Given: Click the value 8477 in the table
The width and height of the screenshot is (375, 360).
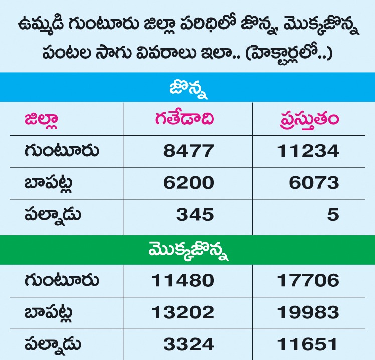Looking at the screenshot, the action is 189,151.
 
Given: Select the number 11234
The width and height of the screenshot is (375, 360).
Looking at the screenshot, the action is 308,151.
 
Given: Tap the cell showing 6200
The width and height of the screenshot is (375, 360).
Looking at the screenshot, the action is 189,183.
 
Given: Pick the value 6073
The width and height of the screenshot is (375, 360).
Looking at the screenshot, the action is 314,183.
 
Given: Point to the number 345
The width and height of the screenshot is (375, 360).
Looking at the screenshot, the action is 195,214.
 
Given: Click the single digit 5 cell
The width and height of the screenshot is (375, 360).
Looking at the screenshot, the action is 333,214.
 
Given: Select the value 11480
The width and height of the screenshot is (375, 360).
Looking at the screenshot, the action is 182,280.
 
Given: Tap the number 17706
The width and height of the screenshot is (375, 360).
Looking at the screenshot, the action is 308,280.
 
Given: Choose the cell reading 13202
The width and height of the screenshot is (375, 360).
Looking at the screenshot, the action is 182,312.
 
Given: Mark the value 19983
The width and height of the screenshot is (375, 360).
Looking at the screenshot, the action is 308,312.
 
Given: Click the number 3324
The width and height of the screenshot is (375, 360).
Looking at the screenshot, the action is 189,344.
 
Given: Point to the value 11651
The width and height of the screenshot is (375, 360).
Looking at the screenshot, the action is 307,344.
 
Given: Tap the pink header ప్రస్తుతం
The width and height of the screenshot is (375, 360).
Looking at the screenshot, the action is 309,120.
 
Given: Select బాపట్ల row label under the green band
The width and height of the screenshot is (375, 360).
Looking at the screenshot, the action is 49,313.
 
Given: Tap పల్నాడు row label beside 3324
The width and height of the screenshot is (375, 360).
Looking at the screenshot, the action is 53,344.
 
